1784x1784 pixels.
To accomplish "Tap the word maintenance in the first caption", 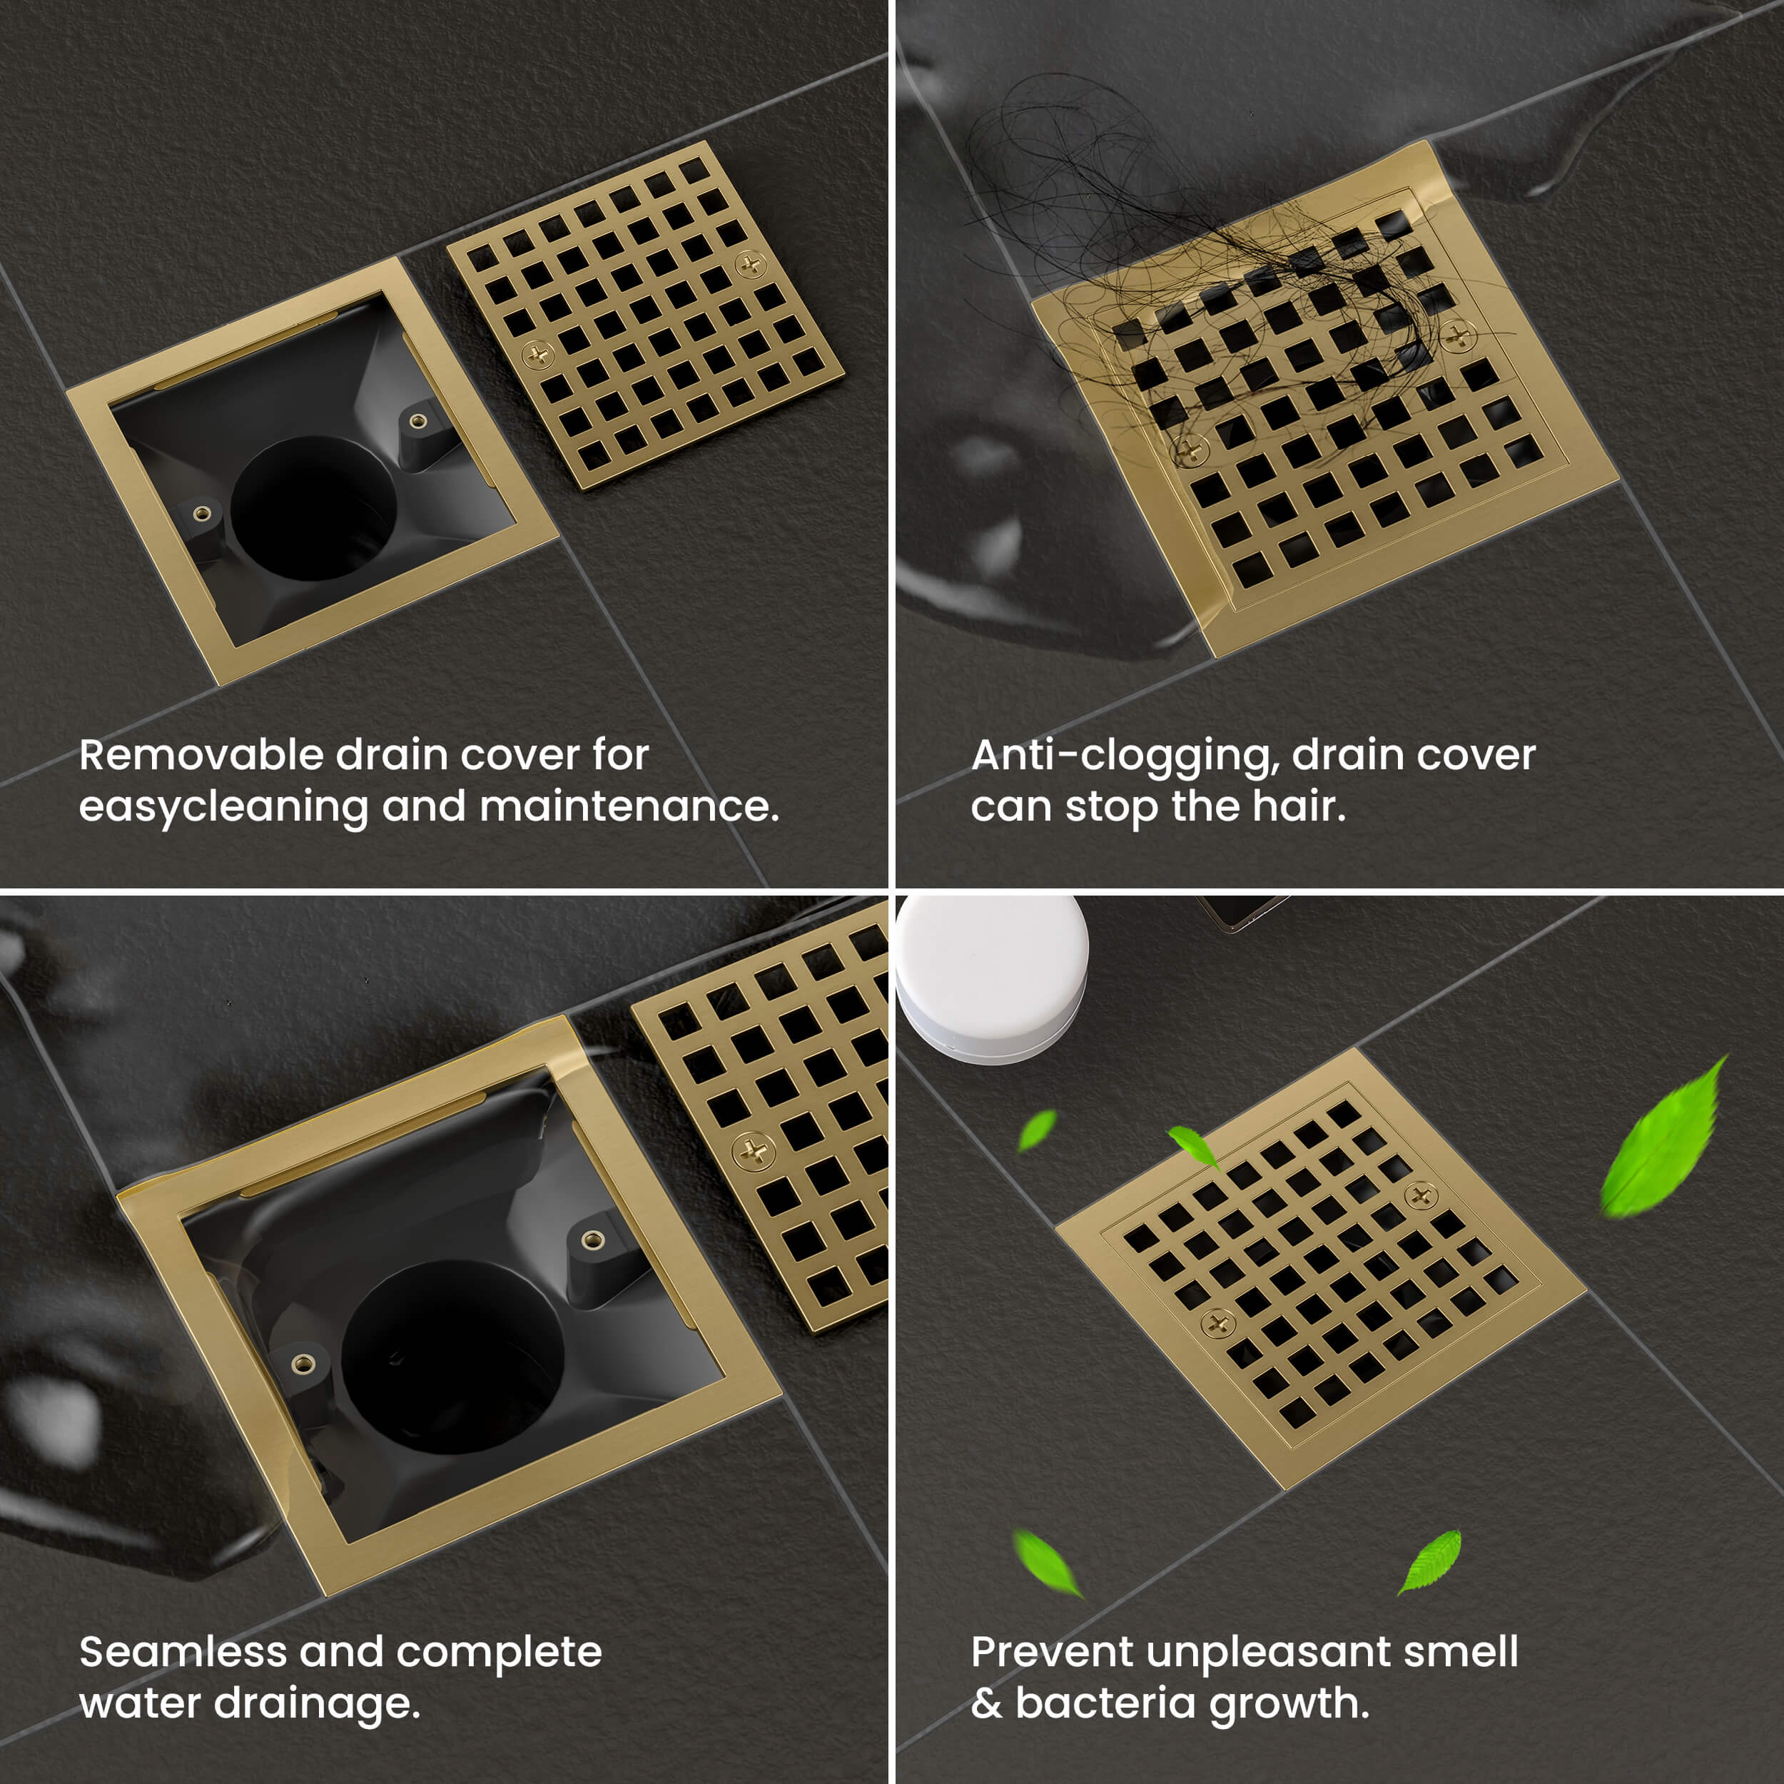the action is pyautogui.click(x=629, y=806).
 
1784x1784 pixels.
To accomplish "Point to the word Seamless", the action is pyautogui.click(x=183, y=1652).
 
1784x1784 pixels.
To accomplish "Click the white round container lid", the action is pyautogui.click(x=992, y=979).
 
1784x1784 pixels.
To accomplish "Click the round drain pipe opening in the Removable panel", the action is pyautogui.click(x=314, y=508).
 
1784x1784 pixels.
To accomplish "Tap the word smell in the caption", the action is pyautogui.click(x=1461, y=1652).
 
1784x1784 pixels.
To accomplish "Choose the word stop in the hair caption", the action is pyautogui.click(x=1114, y=808).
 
